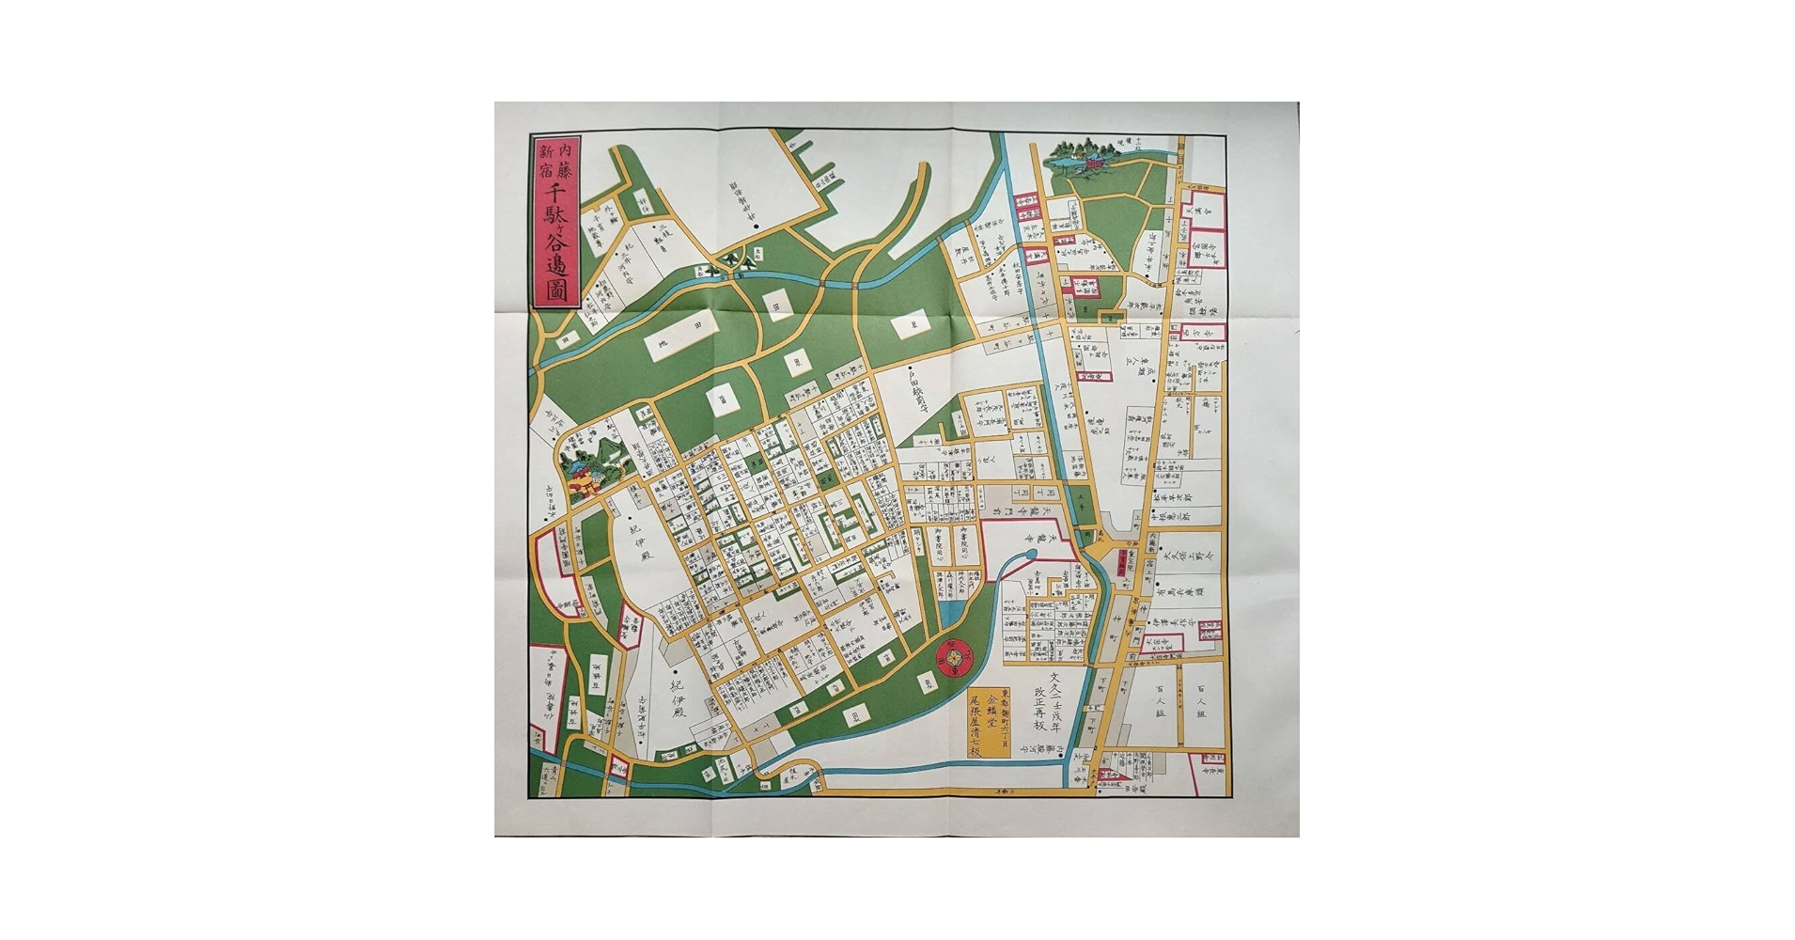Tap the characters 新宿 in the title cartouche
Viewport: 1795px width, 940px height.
point(543,161)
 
